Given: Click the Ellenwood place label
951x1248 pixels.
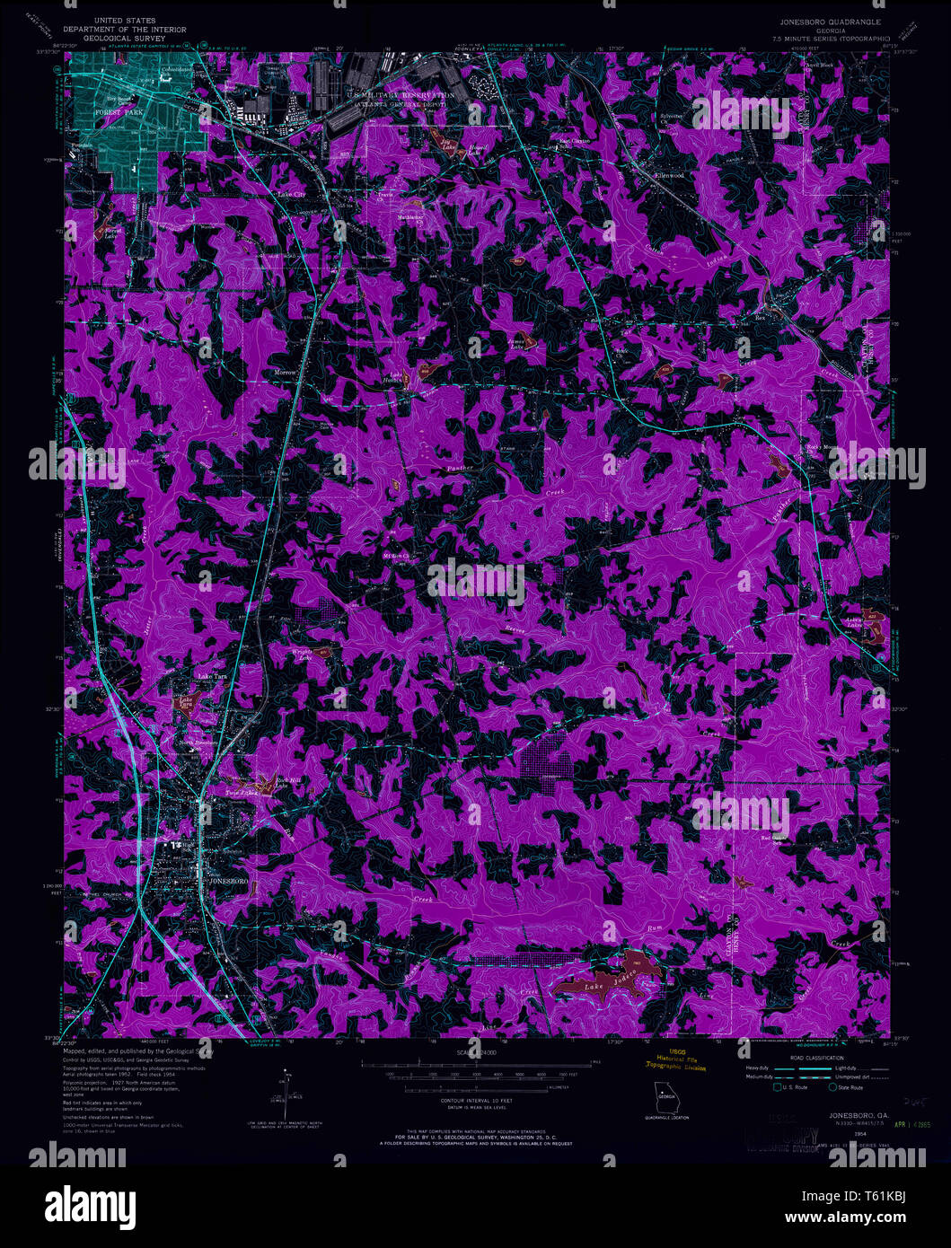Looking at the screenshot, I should (x=669, y=175).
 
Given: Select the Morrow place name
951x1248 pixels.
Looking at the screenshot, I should (x=286, y=372).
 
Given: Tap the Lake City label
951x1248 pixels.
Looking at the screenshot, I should (x=292, y=195).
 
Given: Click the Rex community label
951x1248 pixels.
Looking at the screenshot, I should (x=760, y=317).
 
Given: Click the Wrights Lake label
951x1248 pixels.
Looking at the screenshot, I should (x=301, y=655).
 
